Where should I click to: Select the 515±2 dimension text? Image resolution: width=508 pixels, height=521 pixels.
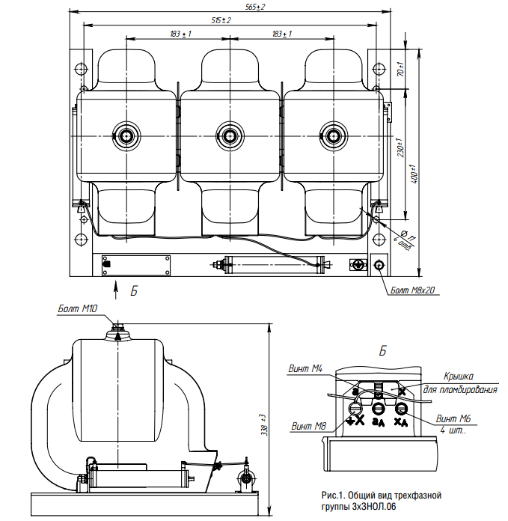[x=221, y=20]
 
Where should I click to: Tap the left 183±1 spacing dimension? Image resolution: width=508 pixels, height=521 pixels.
[x=179, y=34]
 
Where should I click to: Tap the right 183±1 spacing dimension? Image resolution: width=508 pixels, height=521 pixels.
[x=281, y=34]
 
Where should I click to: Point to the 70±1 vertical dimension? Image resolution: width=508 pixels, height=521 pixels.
[x=400, y=71]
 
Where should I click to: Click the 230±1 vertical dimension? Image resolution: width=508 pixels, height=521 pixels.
[x=400, y=148]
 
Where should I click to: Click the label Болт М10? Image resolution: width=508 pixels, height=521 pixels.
[x=79, y=308]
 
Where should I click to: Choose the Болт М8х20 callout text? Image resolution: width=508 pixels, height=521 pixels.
[x=414, y=289]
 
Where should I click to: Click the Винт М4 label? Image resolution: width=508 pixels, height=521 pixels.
[x=305, y=368]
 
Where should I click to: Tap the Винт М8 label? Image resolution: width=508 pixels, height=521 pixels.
[x=307, y=427]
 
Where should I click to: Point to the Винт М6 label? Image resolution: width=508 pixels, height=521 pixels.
[x=453, y=419]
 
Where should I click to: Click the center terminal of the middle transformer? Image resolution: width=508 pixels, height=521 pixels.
[x=229, y=135]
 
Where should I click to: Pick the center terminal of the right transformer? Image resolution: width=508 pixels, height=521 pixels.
[x=332, y=135]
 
